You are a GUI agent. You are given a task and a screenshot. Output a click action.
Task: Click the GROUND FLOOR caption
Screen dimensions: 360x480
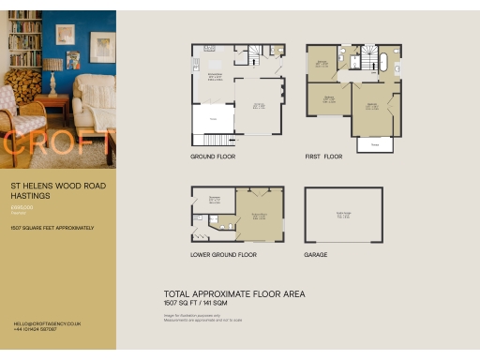(211, 157)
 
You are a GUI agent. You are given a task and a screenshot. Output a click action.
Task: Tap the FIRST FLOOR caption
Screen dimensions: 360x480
(325, 157)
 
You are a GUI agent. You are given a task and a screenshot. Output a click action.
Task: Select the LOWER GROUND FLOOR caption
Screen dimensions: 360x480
(223, 254)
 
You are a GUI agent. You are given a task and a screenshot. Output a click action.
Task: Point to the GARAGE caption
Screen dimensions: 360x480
(316, 254)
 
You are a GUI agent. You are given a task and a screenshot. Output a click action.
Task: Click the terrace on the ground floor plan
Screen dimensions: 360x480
(213, 118)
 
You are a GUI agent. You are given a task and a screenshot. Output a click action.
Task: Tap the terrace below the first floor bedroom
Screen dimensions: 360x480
(375, 144)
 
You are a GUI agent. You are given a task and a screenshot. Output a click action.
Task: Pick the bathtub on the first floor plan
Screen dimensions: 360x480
(382, 63)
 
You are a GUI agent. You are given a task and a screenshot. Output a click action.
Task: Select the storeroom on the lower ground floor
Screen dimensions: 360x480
(214, 199)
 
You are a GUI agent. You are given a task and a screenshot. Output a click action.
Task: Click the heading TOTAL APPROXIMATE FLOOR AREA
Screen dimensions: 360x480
(233, 293)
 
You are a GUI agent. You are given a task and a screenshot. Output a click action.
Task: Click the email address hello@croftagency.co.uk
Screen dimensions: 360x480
(47, 322)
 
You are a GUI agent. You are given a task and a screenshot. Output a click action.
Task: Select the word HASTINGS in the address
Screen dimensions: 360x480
(29, 196)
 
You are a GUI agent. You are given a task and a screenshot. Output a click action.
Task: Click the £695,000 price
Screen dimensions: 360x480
(22, 206)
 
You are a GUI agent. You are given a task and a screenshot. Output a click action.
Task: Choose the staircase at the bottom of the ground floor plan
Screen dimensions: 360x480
(213, 140)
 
